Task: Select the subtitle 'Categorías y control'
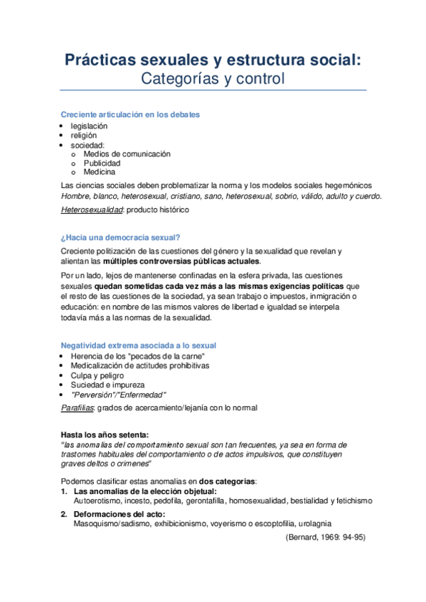(x=213, y=78)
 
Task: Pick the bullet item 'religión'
(x=84, y=135)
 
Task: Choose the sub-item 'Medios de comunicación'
(x=127, y=153)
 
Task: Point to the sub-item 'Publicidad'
(x=104, y=163)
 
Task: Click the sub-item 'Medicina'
(x=100, y=172)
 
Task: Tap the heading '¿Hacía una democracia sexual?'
(x=120, y=237)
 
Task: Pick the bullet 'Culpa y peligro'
(x=97, y=375)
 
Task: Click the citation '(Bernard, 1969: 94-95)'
(x=325, y=537)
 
